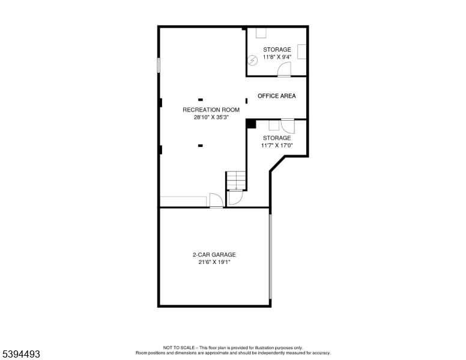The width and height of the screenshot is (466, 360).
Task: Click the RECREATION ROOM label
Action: coord(211,110)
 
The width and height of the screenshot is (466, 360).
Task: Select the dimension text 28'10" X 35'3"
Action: coord(211,118)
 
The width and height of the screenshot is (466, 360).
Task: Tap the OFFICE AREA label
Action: coord(276,96)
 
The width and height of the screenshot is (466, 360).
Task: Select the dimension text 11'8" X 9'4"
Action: coord(277,57)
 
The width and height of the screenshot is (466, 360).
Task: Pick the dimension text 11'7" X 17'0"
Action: coord(276,145)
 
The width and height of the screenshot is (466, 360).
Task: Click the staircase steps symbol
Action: coord(236,180)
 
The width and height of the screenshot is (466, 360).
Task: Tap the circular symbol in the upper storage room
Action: coord(253,60)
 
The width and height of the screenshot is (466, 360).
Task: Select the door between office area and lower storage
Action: coord(288,126)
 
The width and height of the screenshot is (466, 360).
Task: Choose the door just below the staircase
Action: coord(235,198)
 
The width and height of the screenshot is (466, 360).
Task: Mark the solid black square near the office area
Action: coord(251,124)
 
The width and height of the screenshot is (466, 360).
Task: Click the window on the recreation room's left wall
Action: coord(159,65)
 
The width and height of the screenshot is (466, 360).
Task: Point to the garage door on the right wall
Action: coord(270,256)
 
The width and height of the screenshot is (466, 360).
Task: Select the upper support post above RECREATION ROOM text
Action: coord(200,100)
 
